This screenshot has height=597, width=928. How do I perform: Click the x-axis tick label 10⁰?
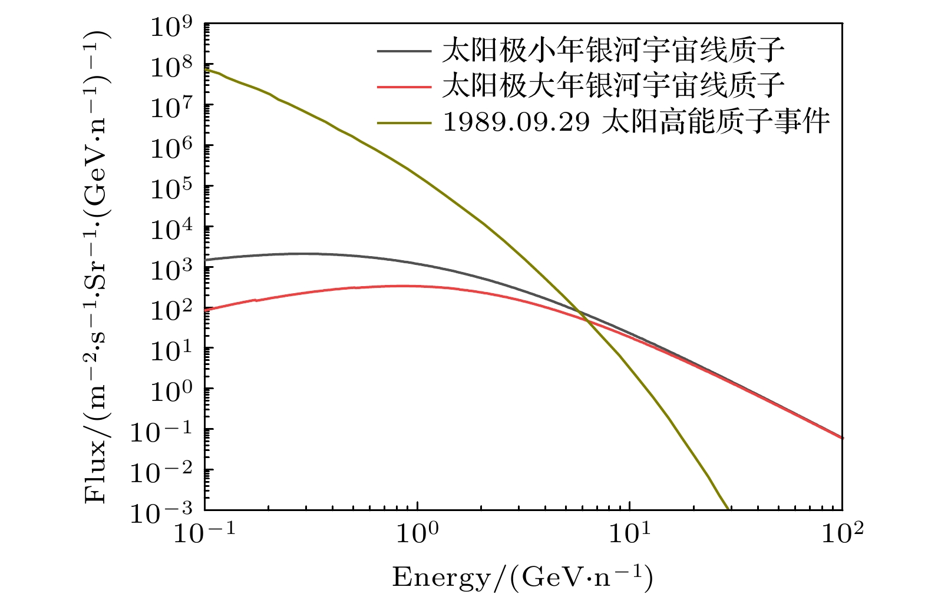coord(417,532)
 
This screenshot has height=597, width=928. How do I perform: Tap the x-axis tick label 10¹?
coord(629,532)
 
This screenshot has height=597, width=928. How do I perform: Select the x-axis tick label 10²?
coord(842,532)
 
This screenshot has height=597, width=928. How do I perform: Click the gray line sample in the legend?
coord(404,51)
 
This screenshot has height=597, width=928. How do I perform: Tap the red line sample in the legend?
coord(404,87)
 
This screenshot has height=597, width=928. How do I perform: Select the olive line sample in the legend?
coord(404,122)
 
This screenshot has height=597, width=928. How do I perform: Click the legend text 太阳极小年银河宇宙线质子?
coord(613,51)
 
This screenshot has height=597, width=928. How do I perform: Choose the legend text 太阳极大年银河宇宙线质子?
coord(613,86)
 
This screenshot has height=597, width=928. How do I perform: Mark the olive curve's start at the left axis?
coord(206,69)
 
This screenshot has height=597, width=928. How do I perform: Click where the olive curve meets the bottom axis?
coord(728,509)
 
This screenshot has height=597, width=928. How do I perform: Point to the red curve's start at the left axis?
coord(206,309)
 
